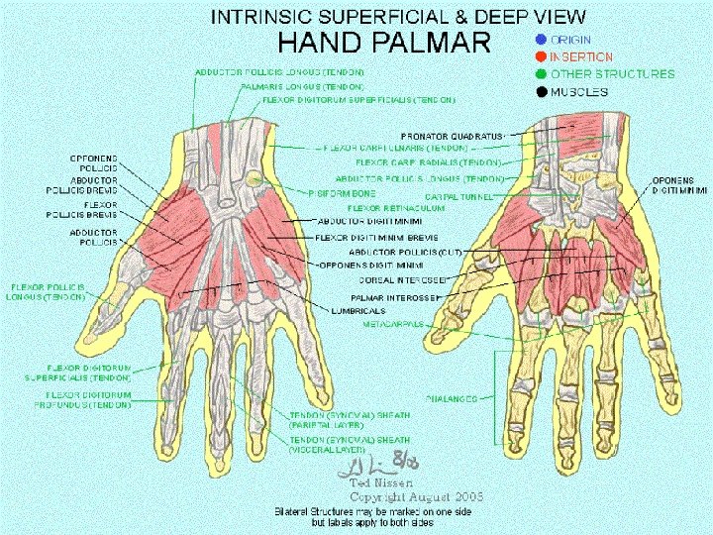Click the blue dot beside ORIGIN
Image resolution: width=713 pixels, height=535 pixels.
[x=540, y=41]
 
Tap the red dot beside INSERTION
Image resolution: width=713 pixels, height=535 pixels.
[x=540, y=57]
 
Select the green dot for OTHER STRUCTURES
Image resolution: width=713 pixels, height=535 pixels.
[x=540, y=74]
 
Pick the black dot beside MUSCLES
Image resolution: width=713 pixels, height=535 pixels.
[x=540, y=92]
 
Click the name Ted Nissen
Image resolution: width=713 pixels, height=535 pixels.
[x=380, y=483]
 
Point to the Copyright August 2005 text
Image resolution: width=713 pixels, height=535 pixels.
[x=416, y=495]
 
